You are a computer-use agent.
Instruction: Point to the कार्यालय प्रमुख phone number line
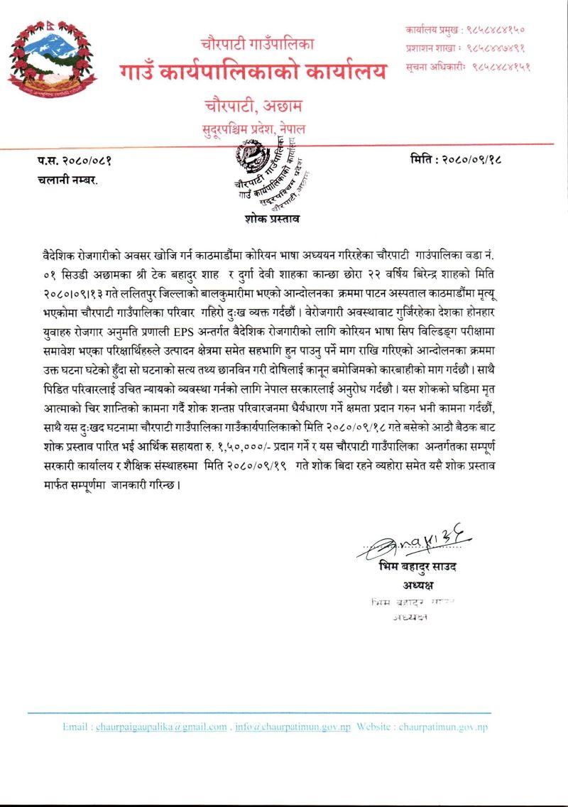(x=465, y=30)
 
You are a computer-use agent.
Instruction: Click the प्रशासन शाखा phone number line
(x=465, y=48)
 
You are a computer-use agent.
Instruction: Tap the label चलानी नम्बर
(x=67, y=180)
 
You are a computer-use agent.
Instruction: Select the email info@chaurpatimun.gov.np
(x=293, y=727)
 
